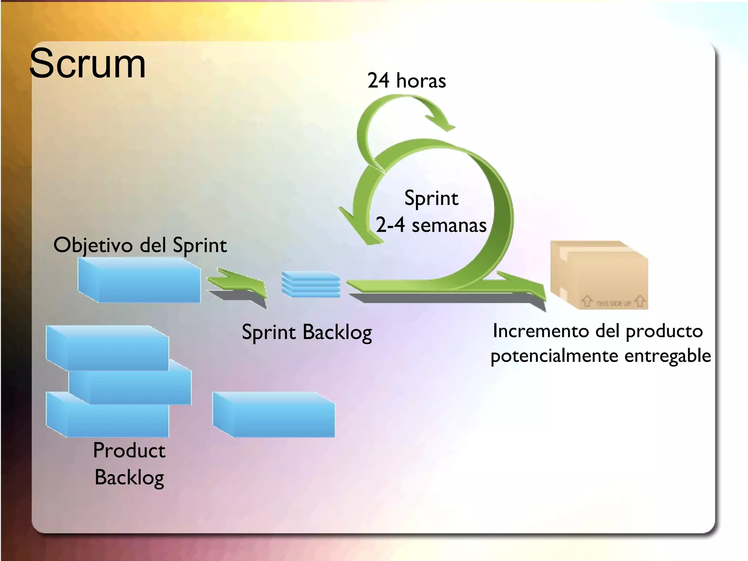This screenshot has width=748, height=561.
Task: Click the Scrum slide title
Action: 87,64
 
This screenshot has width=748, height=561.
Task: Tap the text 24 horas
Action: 407,80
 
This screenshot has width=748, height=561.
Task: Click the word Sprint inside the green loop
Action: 431,198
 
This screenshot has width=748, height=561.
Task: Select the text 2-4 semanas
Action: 431,225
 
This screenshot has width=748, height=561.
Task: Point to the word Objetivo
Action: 93,245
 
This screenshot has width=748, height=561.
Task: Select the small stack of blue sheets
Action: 311,284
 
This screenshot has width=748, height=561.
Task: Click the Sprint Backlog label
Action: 307,332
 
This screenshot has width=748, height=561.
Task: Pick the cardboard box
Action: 599,276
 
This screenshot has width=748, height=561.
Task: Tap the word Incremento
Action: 542,331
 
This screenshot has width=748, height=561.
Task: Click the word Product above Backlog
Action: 129,450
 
